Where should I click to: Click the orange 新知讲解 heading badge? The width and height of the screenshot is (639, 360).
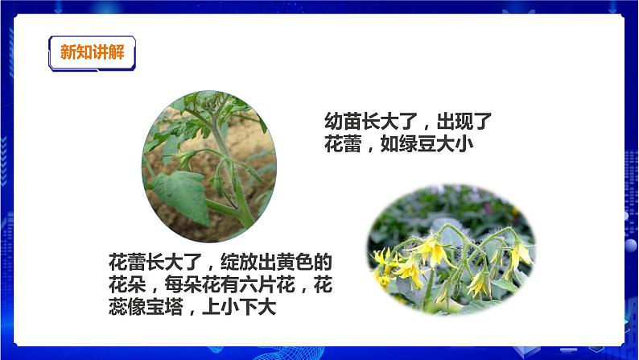coord(93,53)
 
